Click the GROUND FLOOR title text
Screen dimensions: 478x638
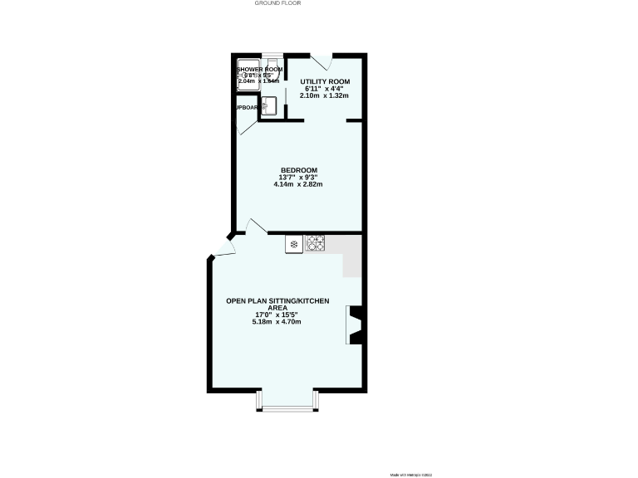coord(277,3)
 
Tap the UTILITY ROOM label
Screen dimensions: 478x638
coord(325,81)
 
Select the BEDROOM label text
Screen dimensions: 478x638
coord(297,170)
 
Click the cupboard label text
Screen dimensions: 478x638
coord(246,108)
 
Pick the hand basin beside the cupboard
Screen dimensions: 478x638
coord(267,105)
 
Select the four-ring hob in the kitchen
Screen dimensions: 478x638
coord(316,243)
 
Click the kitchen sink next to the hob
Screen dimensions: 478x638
coord(295,243)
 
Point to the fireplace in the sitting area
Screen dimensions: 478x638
coord(355,324)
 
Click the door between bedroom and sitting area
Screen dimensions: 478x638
coord(256,227)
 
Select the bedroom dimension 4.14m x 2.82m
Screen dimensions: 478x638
coord(297,184)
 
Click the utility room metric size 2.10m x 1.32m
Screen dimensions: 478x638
coord(325,95)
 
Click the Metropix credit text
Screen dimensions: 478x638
coord(411,474)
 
